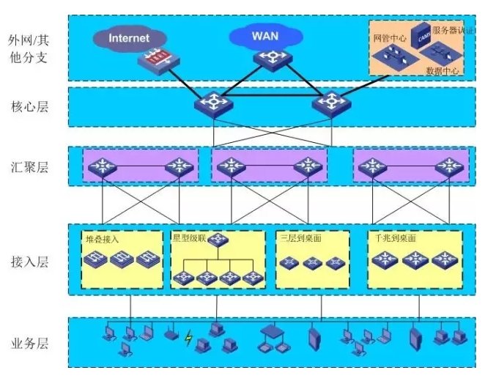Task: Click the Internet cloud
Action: coord(128,38)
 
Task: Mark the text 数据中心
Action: coord(443,71)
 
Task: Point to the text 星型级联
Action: coord(189,239)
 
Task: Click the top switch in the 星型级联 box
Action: coord(218,240)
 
